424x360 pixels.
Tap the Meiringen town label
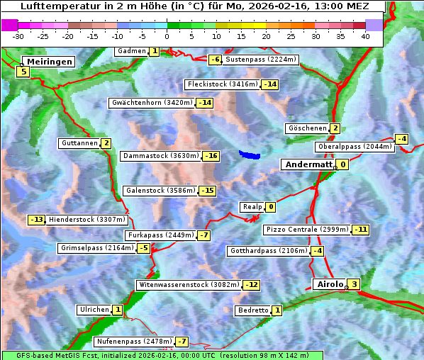point(48,62)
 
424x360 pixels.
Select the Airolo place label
point(329,284)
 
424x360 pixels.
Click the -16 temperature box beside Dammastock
point(211,156)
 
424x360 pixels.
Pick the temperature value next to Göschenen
point(335,128)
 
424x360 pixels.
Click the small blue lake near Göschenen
point(250,154)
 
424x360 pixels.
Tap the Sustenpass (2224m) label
point(255,60)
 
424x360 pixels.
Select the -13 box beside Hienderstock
point(36,220)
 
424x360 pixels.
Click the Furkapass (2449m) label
point(160,235)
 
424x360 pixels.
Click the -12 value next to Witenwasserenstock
point(251,285)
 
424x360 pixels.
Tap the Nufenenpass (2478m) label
point(133,342)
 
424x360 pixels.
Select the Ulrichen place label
point(94,310)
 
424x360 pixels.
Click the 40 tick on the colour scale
point(365,36)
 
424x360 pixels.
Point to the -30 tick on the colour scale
point(18,36)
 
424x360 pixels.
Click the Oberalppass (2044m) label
point(354,147)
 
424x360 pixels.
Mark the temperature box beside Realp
point(270,207)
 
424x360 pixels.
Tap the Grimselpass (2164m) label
point(96,248)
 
